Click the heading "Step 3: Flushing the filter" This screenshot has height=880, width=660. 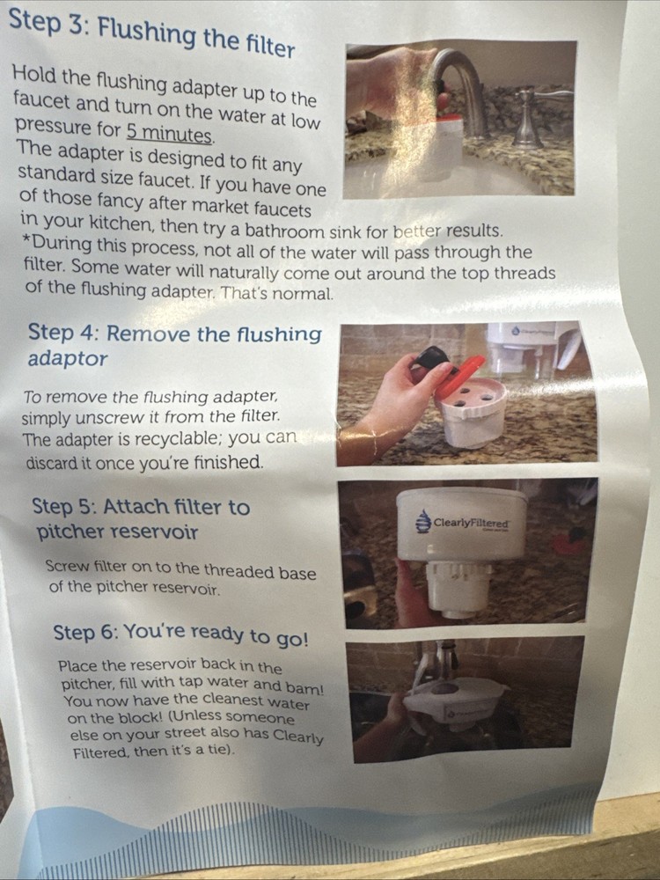tap(151, 33)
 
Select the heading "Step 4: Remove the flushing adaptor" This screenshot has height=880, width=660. tap(174, 345)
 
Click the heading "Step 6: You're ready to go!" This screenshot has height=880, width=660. tap(180, 634)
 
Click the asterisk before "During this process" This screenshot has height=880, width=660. tap(26, 241)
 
